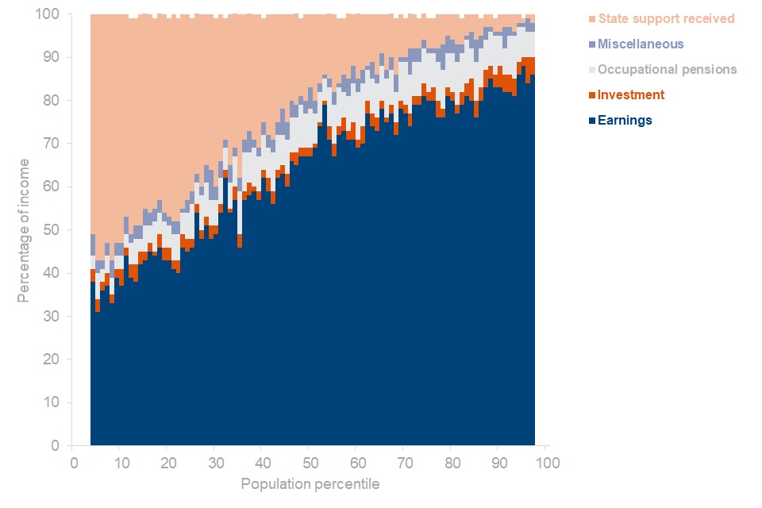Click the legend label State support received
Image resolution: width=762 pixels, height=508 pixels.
[666, 18]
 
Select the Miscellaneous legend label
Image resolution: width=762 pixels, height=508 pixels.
[641, 44]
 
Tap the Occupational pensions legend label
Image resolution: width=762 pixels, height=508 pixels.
[667, 69]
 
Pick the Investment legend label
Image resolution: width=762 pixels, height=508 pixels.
[631, 94]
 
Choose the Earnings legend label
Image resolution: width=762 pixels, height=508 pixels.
[625, 120]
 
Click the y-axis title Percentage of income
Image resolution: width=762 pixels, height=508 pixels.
[24, 230]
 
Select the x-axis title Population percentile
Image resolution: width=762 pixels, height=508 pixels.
[310, 484]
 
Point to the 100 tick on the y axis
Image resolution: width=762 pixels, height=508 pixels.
[49, 14]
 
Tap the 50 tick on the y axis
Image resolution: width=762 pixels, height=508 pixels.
[52, 230]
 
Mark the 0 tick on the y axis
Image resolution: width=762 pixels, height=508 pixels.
[56, 446]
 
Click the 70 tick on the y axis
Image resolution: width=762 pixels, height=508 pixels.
[52, 144]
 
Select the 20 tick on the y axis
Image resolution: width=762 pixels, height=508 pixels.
[52, 360]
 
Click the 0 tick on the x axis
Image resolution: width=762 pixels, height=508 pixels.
[73, 462]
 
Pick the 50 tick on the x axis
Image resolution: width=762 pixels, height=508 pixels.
[310, 462]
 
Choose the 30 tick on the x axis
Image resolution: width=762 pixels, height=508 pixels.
[214, 462]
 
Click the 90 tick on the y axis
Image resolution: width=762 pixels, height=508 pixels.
[52, 57]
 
